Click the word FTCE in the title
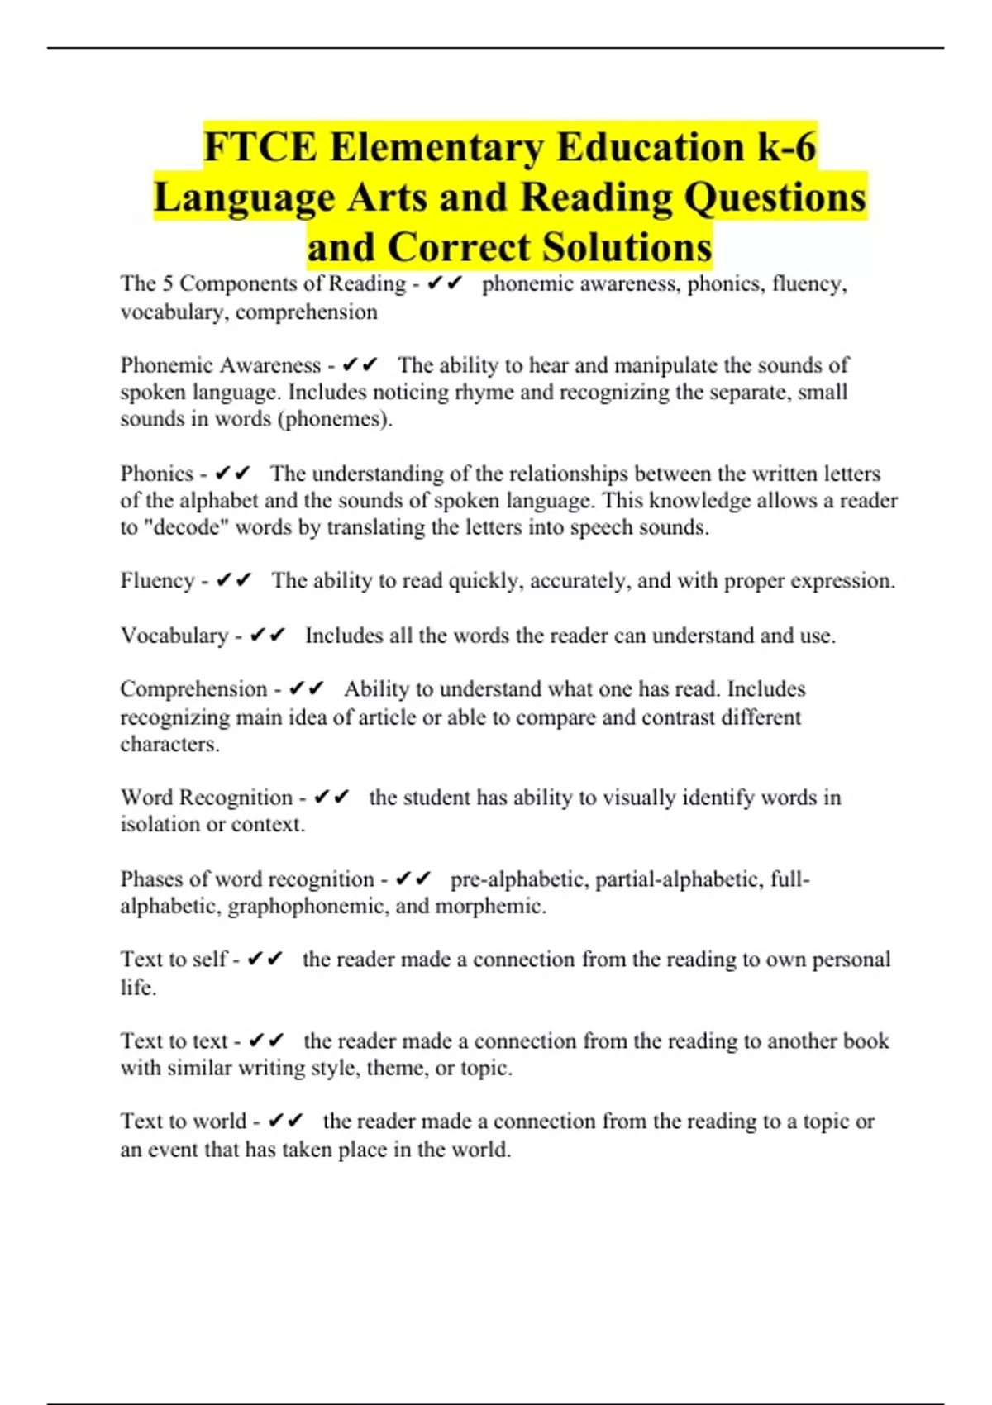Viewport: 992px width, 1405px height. tap(260, 147)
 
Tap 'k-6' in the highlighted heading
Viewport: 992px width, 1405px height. tap(787, 147)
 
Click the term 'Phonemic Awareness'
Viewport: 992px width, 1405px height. tap(220, 365)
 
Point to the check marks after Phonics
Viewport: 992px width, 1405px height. tap(232, 474)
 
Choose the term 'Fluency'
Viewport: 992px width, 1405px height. tap(157, 581)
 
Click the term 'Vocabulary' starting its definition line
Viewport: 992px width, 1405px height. tap(174, 636)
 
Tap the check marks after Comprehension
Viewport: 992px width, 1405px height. tap(307, 689)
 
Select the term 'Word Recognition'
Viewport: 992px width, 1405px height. tap(206, 798)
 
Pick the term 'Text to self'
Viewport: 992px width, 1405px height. tap(173, 960)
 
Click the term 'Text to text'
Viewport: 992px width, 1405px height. tap(174, 1041)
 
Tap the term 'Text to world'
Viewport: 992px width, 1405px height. tap(183, 1122)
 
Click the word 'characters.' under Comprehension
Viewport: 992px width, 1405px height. tap(169, 744)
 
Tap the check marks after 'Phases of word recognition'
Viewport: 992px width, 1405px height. tap(414, 879)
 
